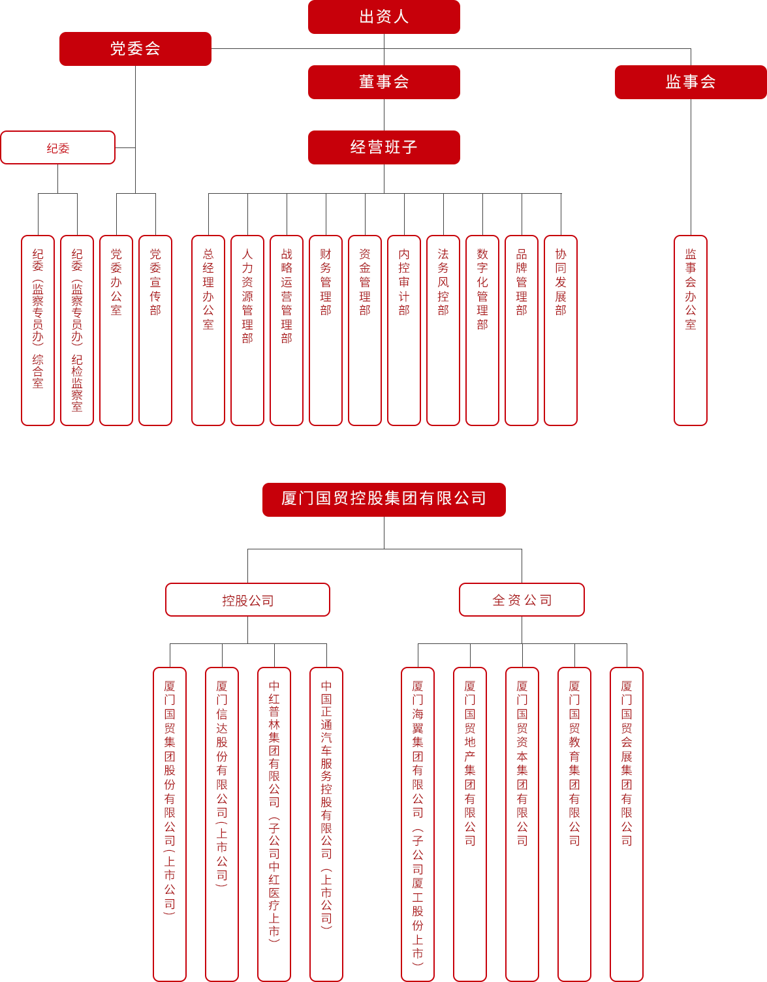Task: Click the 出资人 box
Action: [x=384, y=17]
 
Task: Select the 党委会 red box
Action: [x=135, y=49]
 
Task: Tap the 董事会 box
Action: [x=384, y=82]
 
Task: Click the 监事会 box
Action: [x=691, y=82]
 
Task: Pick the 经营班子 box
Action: [x=384, y=147]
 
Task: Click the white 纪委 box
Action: [x=58, y=147]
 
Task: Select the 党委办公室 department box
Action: [x=116, y=330]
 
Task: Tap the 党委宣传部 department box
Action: [x=155, y=330]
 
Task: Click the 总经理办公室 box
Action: [x=208, y=330]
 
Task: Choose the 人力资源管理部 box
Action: [x=247, y=330]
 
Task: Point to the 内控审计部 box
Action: [x=404, y=330]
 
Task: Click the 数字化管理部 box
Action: [x=482, y=330]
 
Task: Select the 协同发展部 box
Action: [x=561, y=330]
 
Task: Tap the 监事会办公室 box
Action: [x=691, y=330]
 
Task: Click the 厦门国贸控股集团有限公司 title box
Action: [x=384, y=500]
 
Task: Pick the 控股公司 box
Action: [x=247, y=600]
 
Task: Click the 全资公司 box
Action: [x=522, y=600]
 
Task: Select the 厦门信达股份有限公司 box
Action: [x=222, y=824]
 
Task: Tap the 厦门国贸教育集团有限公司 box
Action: [x=574, y=824]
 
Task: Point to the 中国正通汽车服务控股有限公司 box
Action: [x=326, y=824]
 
